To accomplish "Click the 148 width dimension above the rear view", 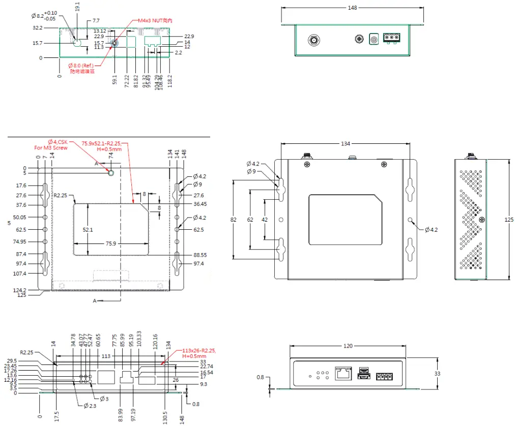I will [x=353, y=8].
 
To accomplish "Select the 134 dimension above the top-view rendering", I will [x=345, y=144].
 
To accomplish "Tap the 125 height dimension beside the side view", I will [x=509, y=220].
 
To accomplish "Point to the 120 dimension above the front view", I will [x=348, y=346].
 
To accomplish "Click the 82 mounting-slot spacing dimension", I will [x=234, y=220].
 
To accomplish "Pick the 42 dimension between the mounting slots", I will [x=264, y=220].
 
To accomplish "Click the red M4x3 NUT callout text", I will [x=156, y=21].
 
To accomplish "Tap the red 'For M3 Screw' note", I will [x=51, y=148].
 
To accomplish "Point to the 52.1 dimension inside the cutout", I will [x=88, y=230].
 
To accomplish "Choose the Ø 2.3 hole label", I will [x=90, y=405].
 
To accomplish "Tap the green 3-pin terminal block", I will [x=391, y=38].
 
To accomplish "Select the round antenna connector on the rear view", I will [x=313, y=40].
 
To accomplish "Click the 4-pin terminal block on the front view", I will [x=384, y=377].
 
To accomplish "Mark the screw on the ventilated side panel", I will [x=481, y=220].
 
